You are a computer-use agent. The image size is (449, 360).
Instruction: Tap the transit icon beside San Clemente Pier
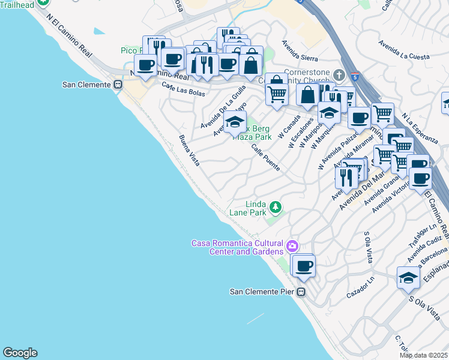301,292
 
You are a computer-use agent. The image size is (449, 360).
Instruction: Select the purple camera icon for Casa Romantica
292,245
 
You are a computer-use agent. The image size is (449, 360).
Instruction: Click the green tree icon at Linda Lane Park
276,208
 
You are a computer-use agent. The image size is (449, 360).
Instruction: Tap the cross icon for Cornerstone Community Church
339,75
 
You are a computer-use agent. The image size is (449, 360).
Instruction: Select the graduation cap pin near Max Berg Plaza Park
235,122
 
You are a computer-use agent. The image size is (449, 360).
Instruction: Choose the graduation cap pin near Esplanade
408,278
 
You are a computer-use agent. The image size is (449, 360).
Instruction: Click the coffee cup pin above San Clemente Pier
303,265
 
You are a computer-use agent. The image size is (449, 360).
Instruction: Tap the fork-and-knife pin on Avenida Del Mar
346,177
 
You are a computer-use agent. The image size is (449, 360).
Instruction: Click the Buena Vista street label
189,150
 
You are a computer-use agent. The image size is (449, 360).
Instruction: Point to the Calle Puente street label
265,158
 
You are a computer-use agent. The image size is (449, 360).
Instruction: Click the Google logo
20,353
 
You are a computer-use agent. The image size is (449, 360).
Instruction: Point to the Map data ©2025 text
423,355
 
